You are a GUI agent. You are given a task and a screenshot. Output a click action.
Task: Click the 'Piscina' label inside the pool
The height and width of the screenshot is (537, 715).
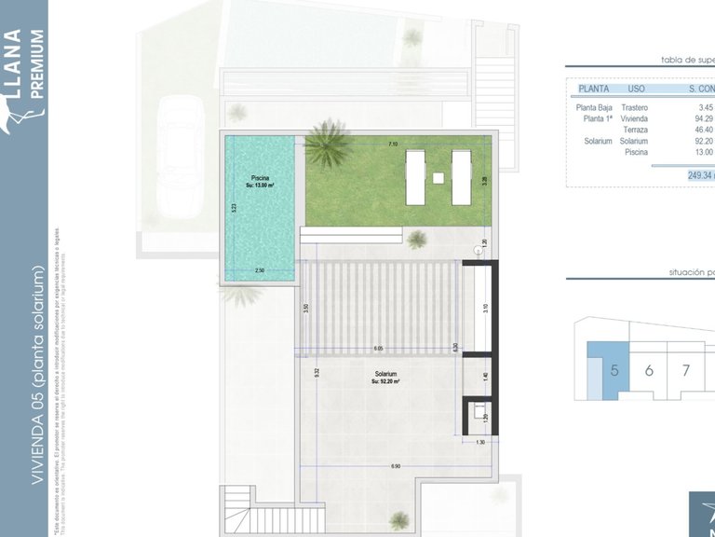[260, 177]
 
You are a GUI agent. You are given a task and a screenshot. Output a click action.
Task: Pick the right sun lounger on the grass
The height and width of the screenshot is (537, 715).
[461, 177]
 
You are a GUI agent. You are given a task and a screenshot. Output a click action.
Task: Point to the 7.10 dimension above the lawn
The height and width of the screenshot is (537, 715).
[393, 145]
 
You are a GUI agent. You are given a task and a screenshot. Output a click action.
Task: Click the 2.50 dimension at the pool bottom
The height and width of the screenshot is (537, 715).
[260, 270]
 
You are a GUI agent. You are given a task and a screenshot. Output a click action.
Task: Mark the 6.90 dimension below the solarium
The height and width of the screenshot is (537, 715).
[396, 465]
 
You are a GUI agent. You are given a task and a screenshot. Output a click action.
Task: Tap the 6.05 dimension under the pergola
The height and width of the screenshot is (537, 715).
[379, 349]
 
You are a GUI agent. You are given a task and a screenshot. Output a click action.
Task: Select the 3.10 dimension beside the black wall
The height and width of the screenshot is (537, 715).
[485, 308]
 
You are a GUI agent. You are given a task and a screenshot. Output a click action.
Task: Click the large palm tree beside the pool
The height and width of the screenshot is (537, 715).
[328, 145]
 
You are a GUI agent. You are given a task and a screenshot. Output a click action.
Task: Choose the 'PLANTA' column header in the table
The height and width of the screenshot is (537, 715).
[593, 89]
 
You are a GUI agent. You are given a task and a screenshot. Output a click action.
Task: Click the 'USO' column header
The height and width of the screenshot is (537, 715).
[637, 89]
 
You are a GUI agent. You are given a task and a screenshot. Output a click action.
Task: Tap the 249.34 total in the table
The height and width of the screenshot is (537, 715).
[699, 174]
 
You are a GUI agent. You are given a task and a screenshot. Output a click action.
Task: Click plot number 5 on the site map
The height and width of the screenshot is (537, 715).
[614, 370]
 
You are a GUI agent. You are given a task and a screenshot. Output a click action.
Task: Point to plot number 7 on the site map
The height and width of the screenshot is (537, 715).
[685, 370]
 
